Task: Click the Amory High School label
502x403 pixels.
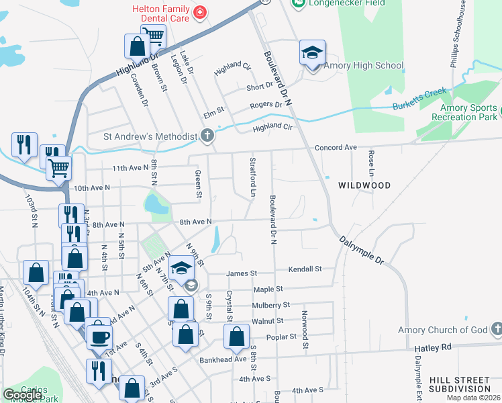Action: click(x=363, y=66)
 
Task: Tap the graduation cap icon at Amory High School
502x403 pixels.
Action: click(x=312, y=52)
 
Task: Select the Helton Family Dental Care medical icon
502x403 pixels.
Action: click(x=199, y=11)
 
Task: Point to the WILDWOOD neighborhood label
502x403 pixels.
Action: click(x=364, y=185)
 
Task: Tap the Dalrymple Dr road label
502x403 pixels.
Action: click(x=360, y=249)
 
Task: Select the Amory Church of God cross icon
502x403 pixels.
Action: click(x=496, y=330)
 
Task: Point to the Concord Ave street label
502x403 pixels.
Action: click(x=336, y=147)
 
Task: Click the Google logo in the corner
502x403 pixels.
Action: click(x=22, y=395)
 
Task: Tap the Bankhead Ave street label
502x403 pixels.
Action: click(x=223, y=359)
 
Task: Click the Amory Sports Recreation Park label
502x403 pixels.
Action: click(x=468, y=112)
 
